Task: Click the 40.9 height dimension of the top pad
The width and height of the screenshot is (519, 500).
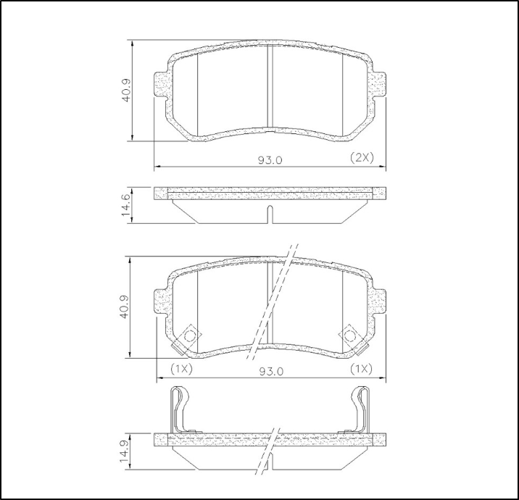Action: coord(126,90)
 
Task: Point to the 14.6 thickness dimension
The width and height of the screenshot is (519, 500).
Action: coord(126,205)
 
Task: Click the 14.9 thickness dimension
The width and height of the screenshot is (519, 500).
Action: coord(126,451)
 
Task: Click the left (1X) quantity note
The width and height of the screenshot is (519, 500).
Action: coord(180,369)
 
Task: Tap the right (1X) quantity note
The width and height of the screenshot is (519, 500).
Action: coord(360,369)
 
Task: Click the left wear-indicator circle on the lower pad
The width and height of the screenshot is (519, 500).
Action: coord(190,336)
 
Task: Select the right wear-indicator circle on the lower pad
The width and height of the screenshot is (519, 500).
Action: coord(350,336)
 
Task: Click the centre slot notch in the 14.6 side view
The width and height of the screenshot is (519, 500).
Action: coord(270,214)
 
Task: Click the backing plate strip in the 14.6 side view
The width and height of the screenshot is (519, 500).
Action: coord(270,193)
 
